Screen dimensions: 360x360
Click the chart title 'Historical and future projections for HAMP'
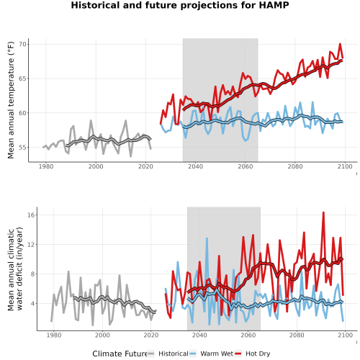pyautogui.click(x=180, y=5)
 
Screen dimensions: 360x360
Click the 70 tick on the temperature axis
pyautogui.click(x=22, y=45)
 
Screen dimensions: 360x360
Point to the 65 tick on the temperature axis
pyautogui.click(x=22, y=78)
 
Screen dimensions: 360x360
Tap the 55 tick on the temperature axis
pyautogui.click(x=22, y=148)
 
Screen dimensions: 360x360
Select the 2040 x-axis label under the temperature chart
pyautogui.click(x=195, y=166)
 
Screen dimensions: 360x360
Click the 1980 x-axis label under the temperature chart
pyautogui.click(x=46, y=166)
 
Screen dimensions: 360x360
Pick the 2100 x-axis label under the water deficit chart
pyautogui.click(x=345, y=335)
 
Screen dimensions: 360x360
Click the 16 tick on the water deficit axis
pyautogui.click(x=31, y=215)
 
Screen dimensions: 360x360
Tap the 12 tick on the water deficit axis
pyautogui.click(x=31, y=244)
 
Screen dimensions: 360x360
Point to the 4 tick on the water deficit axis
pyautogui.click(x=33, y=304)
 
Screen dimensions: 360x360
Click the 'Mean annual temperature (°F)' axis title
pyautogui.click(x=11, y=100)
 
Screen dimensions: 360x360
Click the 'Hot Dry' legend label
pyautogui.click(x=258, y=354)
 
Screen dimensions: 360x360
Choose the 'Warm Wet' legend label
pyautogui.click(x=217, y=354)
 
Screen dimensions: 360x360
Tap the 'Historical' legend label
pyautogui.click(x=174, y=354)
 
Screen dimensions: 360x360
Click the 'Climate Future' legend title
pyautogui.click(x=120, y=354)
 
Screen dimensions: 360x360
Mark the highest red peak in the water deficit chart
pyautogui.click(x=323, y=212)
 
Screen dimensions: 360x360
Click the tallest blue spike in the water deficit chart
pyautogui.click(x=207, y=238)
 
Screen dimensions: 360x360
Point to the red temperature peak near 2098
pyautogui.click(x=340, y=44)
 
